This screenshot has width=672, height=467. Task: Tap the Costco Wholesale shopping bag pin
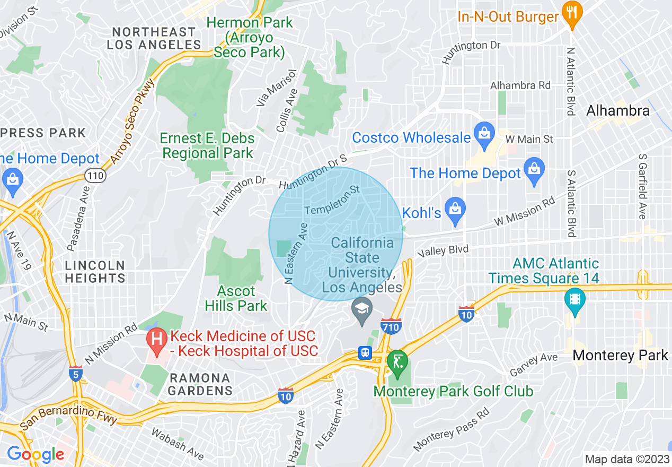[x=484, y=136]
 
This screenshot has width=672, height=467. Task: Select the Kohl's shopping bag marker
[x=455, y=210]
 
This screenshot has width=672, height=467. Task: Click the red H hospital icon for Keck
[x=157, y=342]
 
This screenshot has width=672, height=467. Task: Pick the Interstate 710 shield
[x=391, y=326]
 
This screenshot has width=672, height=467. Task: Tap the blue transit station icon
[x=365, y=353]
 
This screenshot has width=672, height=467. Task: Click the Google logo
[x=36, y=454]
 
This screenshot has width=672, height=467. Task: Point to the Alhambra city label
[x=617, y=110]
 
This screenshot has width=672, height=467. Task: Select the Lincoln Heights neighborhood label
[x=95, y=271]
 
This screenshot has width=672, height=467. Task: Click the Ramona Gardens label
[x=200, y=384]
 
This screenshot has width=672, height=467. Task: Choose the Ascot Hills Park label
[x=236, y=298]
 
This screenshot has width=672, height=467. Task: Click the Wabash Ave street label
[x=178, y=444]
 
